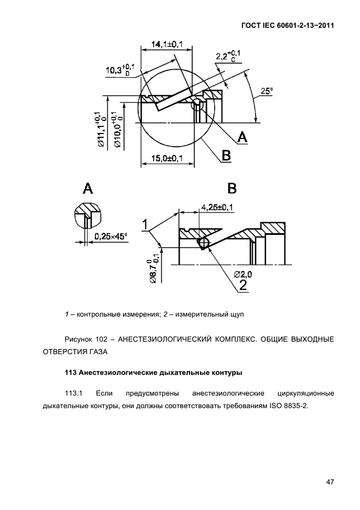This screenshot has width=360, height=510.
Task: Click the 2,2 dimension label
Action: pos(228,56)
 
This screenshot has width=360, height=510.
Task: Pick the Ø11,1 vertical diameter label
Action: pos(101,129)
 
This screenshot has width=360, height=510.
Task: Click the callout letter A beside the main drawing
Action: pos(240,137)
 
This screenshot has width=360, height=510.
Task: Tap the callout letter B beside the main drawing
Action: pos(225,156)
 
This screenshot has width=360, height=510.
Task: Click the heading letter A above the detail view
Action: pos(87,189)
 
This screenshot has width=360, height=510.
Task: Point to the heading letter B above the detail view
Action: pos(232,189)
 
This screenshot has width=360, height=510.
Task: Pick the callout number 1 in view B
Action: pos(145,224)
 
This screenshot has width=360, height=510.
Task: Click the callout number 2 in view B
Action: pos(242,285)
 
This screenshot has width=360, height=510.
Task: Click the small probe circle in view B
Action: pos(203,242)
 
